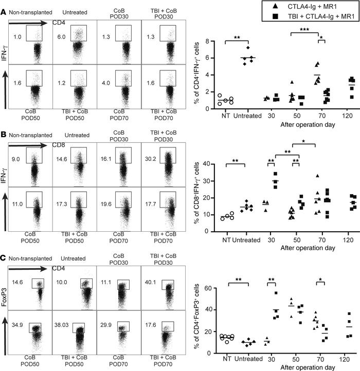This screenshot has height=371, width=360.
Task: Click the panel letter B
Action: (4, 135)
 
